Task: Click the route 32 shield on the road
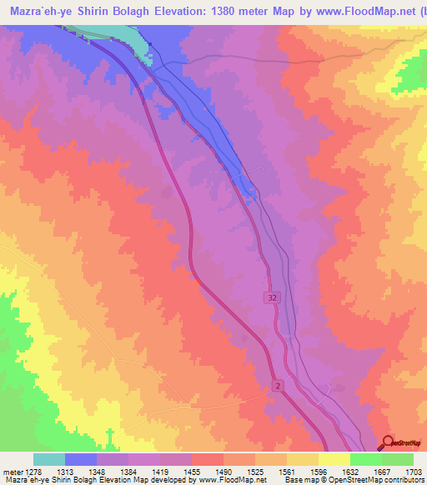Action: point(273,297)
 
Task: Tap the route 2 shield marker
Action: point(277,384)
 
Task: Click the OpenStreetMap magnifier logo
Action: point(389,444)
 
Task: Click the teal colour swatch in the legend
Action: point(48,458)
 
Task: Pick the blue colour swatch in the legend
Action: point(80,458)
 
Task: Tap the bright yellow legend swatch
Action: point(334,458)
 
